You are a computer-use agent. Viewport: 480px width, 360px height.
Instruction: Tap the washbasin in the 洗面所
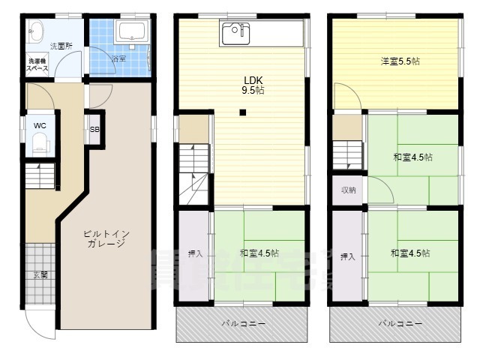coord(34,31)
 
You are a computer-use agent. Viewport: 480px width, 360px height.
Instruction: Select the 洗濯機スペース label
coord(38,64)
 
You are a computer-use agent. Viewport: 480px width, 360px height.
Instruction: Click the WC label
coord(40,125)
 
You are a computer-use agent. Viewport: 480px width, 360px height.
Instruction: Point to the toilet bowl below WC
coord(39,144)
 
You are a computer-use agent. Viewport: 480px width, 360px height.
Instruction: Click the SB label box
coord(94,129)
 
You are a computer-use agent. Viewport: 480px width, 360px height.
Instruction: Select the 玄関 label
coord(40,275)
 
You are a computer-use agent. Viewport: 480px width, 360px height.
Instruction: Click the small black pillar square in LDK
coord(242,114)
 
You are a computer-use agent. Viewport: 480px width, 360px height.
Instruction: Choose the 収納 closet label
coord(348,190)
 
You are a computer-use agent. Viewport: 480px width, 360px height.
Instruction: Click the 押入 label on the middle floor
coord(194,254)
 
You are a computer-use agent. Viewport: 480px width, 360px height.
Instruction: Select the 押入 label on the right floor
coord(347,256)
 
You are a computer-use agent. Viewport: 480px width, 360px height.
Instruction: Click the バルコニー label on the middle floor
coord(243,323)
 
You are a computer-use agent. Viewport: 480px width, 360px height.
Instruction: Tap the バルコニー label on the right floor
coord(398,323)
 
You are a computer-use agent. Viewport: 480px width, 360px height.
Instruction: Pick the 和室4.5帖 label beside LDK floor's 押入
coord(260,253)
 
